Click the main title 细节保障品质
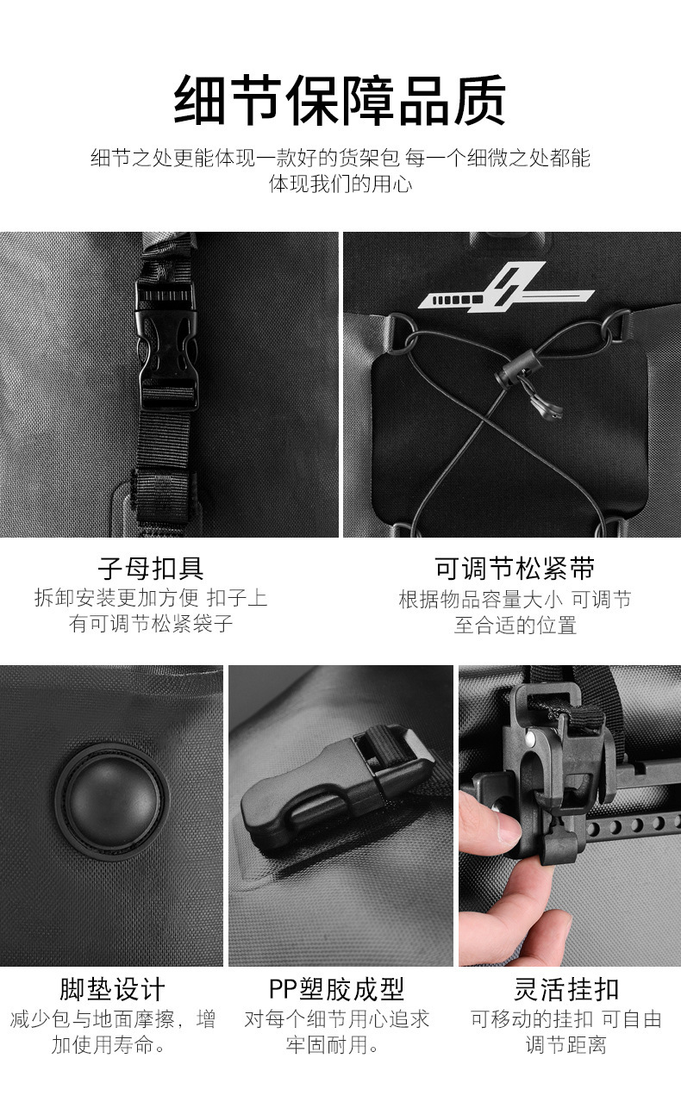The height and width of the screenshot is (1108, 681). click(x=340, y=101)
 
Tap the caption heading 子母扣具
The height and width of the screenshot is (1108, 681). click(x=151, y=568)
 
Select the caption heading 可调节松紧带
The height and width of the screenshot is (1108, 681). click(x=515, y=568)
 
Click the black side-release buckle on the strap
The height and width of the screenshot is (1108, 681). click(x=167, y=346)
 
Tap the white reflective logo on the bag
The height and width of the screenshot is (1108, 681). click(x=506, y=289)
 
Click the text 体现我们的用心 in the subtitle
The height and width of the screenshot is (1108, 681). click(x=340, y=184)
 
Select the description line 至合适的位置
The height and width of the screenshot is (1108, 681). click(x=515, y=626)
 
